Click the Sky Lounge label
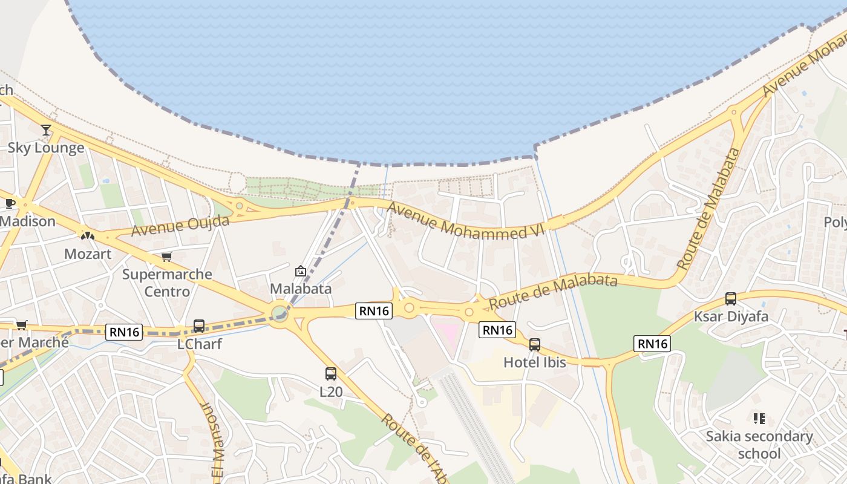[46, 148]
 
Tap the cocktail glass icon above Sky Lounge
[46, 129]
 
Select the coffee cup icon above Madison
[10, 203]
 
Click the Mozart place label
[88, 253]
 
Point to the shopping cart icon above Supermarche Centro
[167, 257]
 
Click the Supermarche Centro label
[167, 283]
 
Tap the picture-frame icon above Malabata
[300, 271]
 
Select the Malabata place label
[301, 289]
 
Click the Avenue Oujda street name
[180, 225]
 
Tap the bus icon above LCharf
[199, 326]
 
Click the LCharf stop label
[200, 344]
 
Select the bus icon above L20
[331, 374]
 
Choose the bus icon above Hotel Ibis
[535, 345]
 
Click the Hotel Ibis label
[535, 362]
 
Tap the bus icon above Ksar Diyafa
[731, 298]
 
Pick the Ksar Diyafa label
[731, 316]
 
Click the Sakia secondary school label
[759, 445]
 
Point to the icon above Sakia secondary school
[759, 418]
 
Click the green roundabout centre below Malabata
[279, 313]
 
